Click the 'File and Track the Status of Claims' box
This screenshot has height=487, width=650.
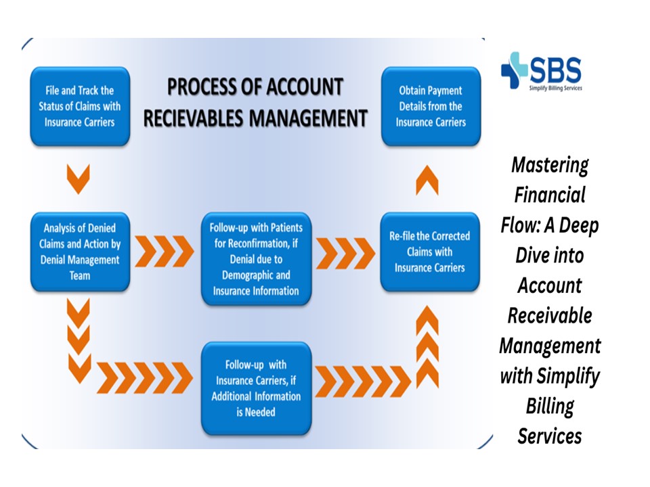(x=80, y=106)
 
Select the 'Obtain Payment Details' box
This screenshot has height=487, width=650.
(x=431, y=106)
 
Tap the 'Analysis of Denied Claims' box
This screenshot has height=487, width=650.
(x=80, y=252)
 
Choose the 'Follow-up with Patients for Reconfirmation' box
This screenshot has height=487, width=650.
(x=256, y=258)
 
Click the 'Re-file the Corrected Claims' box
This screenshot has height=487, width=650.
(x=431, y=252)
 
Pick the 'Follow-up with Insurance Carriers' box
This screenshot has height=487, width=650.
(x=256, y=388)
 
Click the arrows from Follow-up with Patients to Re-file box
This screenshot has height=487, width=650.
(x=345, y=252)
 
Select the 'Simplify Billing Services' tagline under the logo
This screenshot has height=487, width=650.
(x=555, y=88)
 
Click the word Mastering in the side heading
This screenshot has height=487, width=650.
(x=550, y=164)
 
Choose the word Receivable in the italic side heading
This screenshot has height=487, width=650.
(x=550, y=315)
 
